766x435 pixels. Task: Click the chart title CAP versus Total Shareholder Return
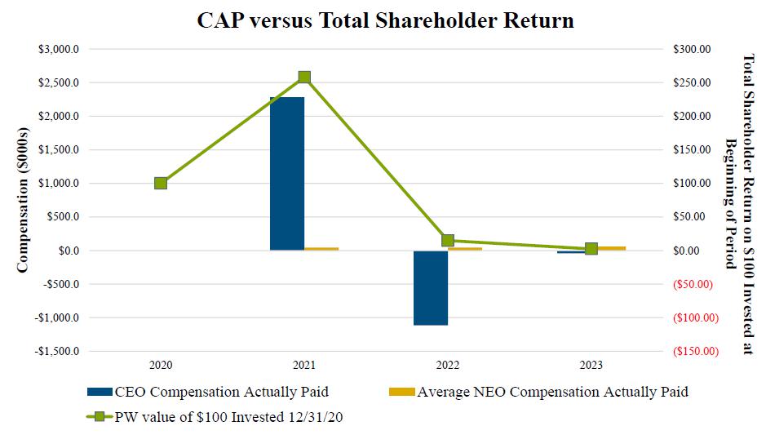[x=385, y=20]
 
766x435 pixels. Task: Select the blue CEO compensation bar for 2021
[x=287, y=173]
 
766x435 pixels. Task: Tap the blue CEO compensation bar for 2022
[x=431, y=287]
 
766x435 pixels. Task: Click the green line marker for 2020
[x=161, y=183]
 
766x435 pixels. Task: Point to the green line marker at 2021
[x=304, y=78]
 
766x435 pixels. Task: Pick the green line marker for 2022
[x=448, y=240]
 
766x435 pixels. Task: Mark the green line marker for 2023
[x=591, y=249]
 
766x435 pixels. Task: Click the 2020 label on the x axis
[x=161, y=365]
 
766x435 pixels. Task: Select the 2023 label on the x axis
[x=591, y=365]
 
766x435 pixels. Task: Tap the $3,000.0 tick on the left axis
[x=60, y=49]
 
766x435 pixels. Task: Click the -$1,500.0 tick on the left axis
[x=58, y=351]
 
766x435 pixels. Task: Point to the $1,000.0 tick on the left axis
[x=60, y=183]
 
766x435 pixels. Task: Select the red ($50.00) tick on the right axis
[x=694, y=284]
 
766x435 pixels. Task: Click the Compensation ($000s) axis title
[x=23, y=200]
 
